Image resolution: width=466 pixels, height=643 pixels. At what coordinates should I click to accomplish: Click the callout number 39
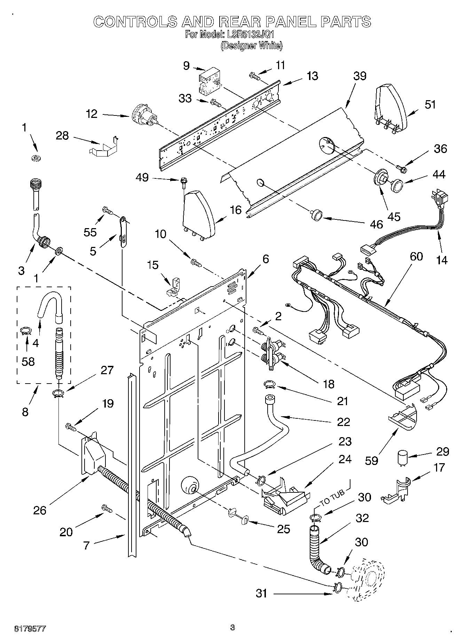point(360,76)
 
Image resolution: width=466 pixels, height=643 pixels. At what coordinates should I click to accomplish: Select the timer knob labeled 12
point(144,116)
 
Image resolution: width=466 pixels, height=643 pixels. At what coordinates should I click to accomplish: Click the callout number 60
point(416,256)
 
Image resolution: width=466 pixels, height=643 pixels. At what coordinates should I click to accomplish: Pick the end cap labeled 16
point(198,214)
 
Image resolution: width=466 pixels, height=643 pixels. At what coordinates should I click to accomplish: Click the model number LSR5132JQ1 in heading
point(250,34)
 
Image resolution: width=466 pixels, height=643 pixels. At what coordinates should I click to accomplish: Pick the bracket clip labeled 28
point(103,146)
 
